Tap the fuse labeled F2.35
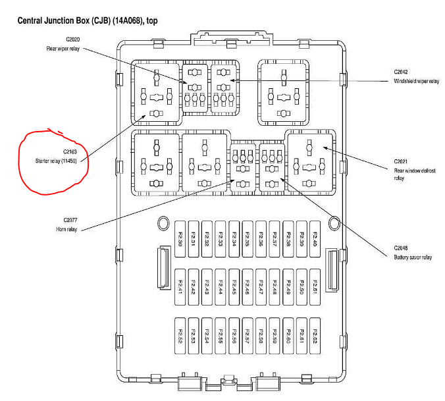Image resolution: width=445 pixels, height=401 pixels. point(248,236)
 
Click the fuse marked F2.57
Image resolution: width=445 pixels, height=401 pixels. point(248,336)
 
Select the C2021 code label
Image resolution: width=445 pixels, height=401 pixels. point(402,161)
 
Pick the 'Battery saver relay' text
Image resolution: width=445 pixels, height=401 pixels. point(413,257)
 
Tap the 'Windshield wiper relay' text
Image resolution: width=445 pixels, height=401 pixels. point(416,81)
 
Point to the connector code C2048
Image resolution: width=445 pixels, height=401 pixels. point(402,248)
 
